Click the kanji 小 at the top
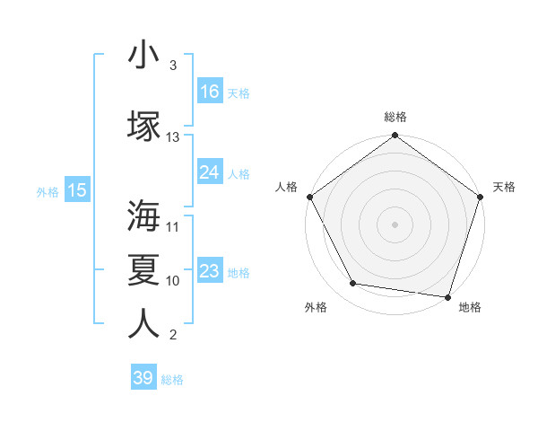pos(143,55)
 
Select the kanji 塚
pos(143,126)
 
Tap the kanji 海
pos(143,215)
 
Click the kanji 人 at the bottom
pos(143,323)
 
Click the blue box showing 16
pos(210,92)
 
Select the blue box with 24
pos(210,172)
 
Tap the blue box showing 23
pos(210,271)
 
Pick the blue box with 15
pos(76,190)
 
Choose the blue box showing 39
pos(143,378)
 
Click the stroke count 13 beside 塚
pos(173,137)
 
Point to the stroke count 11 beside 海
pos(173,227)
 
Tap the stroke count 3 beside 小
pos(173,66)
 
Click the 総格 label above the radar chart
pos(395,117)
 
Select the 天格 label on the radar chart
pos(504,187)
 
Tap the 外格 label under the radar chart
pos(316,307)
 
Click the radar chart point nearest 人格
pos(309,197)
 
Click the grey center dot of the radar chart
pos(395,224)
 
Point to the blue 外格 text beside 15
pos(47,191)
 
